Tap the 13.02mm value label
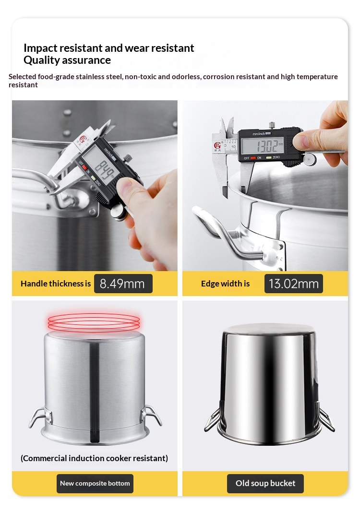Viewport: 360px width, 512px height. click(294, 284)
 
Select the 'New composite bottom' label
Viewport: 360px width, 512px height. click(95, 483)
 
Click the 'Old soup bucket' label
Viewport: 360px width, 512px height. click(265, 483)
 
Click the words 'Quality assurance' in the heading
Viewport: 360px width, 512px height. click(67, 60)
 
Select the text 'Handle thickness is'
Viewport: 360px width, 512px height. click(56, 284)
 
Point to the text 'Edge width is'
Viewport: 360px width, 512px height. click(226, 284)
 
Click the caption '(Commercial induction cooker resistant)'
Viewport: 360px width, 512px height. click(94, 458)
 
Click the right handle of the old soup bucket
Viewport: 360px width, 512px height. click(325, 417)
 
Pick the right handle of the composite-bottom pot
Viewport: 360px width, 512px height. click(152, 414)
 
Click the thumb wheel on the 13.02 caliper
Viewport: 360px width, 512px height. click(309, 159)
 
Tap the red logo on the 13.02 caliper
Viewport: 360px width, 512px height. click(217, 145)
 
